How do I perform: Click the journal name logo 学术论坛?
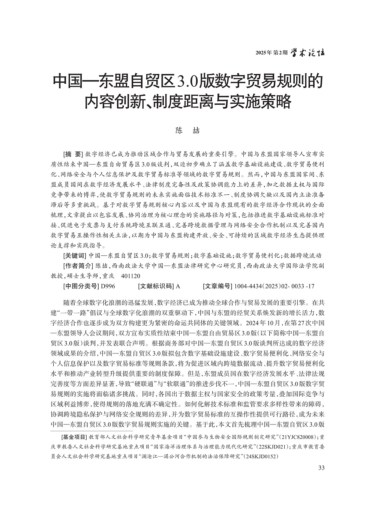coord(308,53)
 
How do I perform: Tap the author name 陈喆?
coord(188,131)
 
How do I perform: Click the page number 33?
coord(321,468)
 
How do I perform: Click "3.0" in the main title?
coord(185,80)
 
